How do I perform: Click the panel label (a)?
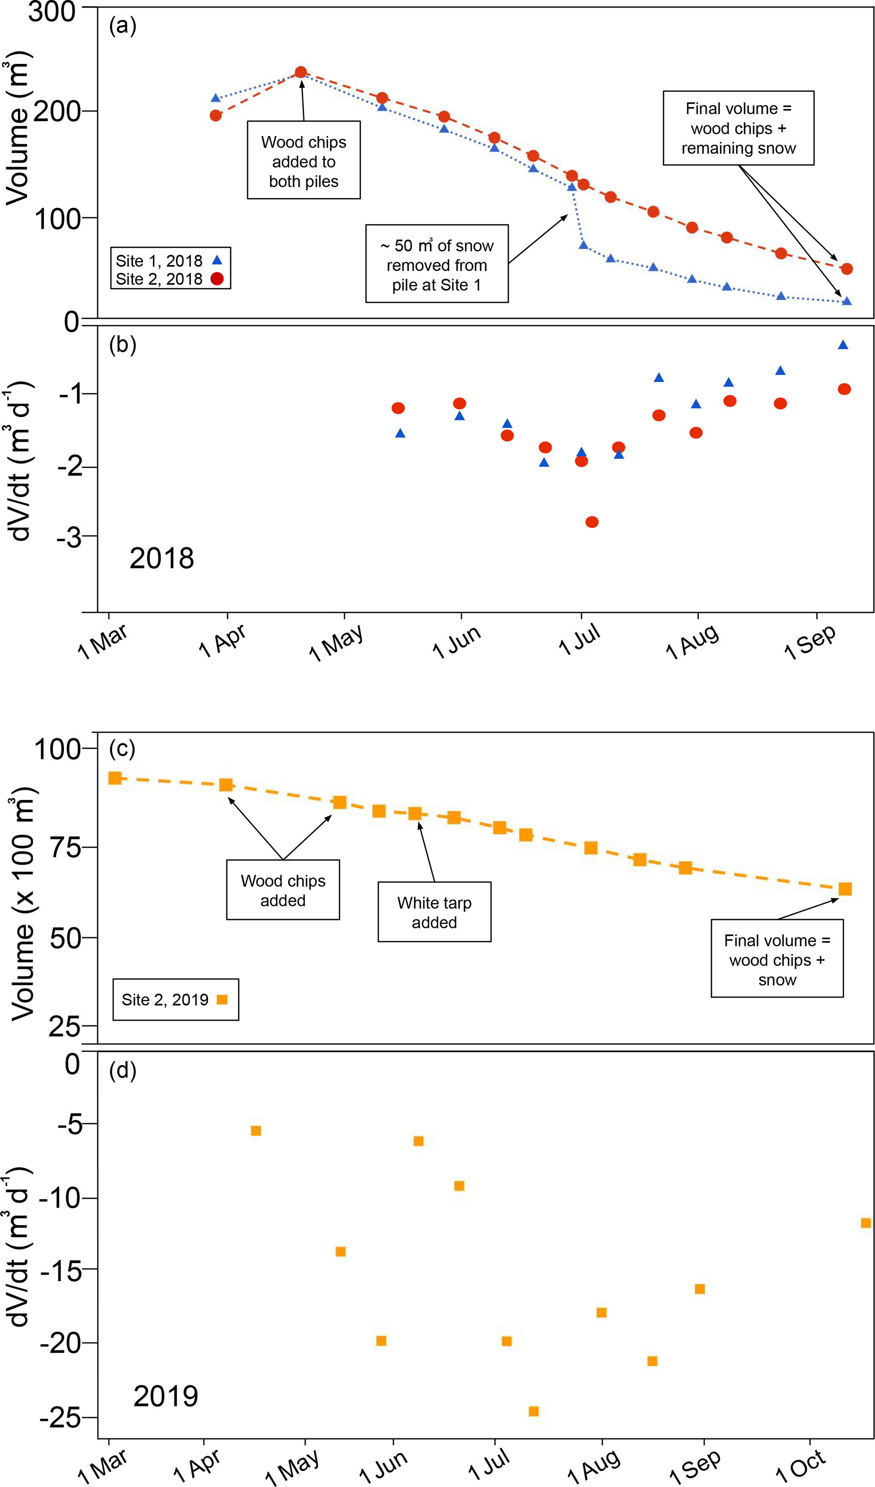[x=123, y=26]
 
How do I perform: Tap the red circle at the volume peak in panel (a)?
[x=300, y=72]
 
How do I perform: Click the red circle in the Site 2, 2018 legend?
[x=217, y=279]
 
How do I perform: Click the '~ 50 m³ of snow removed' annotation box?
[x=436, y=264]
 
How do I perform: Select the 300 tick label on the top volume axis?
[x=52, y=12]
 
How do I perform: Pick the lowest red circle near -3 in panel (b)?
[x=592, y=521]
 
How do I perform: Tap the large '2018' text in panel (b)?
[x=162, y=558]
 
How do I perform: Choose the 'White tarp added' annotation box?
[x=434, y=912]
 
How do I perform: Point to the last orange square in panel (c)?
[x=845, y=888]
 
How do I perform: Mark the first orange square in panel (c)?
[x=115, y=778]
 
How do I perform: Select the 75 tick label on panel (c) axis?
[x=65, y=848]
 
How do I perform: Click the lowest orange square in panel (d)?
[x=533, y=1411]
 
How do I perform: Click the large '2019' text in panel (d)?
[x=166, y=1396]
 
